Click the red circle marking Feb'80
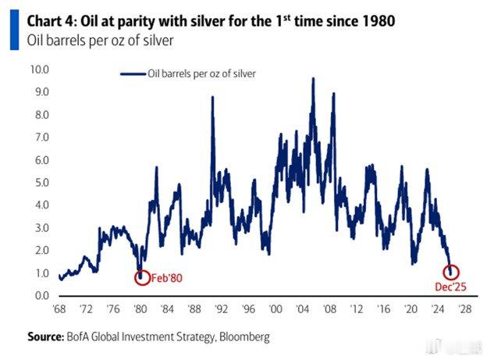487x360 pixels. pos(140,276)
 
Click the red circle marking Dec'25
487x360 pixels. pos(451,272)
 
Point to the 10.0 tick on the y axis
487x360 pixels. pos(39,70)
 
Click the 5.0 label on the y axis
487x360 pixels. pos(39,183)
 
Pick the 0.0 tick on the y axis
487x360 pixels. pos(39,296)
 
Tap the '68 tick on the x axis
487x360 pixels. pos(59,310)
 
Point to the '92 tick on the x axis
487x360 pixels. pos(222,310)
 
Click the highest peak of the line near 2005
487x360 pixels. pos(313,79)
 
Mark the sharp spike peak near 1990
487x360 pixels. pos(212,98)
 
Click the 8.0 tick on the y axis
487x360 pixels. pos(39,115)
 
